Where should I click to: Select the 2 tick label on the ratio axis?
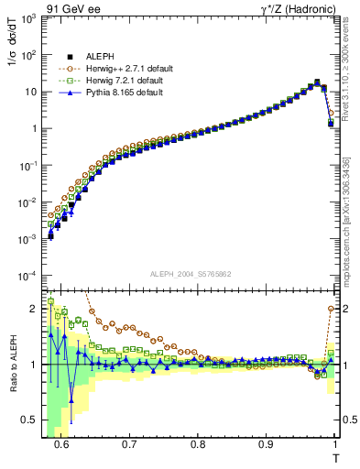point(37,309)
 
